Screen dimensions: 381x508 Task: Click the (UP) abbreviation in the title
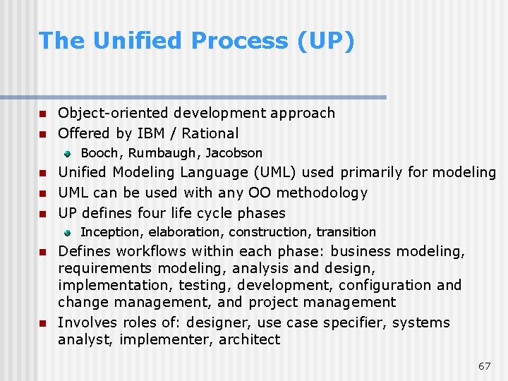pyautogui.click(x=327, y=41)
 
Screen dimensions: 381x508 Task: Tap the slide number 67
pyautogui.click(x=484, y=366)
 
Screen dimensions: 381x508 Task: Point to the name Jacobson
pyautogui.click(x=234, y=153)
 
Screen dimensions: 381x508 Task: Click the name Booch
pyautogui.click(x=102, y=153)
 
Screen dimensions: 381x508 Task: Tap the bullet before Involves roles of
pyautogui.click(x=42, y=324)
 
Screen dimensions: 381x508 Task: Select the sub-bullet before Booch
pyautogui.click(x=67, y=153)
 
